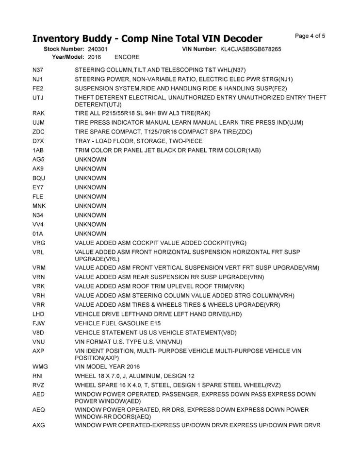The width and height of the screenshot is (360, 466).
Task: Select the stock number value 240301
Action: (98, 49)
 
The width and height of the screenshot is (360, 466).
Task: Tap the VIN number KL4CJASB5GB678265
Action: (250, 49)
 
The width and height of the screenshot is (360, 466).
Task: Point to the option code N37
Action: (38, 70)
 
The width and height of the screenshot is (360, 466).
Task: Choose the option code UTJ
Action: (38, 98)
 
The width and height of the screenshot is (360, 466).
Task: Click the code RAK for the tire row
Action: (38, 113)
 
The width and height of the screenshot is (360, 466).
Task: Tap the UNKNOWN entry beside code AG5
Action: (91, 159)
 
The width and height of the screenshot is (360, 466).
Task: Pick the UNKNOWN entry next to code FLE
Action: (91, 197)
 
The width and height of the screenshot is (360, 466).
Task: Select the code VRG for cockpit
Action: (39, 243)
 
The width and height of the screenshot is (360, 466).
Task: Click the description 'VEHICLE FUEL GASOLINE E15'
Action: (118, 323)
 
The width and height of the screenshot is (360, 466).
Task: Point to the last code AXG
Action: (39, 426)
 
